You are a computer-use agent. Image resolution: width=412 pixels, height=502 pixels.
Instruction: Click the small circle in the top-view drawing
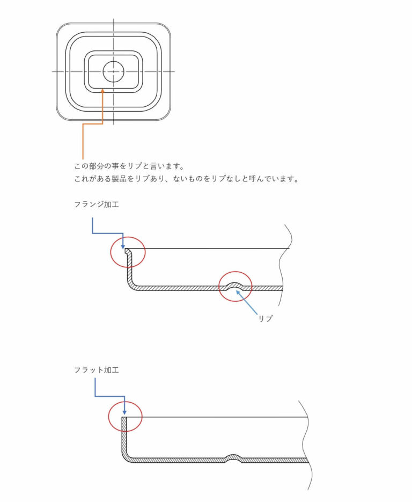point(114,71)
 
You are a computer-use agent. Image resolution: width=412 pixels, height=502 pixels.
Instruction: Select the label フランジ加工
point(96,204)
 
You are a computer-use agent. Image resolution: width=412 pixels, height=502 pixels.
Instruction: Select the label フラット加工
point(96,370)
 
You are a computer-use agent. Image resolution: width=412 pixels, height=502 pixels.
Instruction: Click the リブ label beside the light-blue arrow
point(265,318)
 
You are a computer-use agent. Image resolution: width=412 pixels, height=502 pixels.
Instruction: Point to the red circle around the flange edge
point(128,252)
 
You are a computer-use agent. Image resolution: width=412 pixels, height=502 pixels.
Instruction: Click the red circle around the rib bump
point(236,286)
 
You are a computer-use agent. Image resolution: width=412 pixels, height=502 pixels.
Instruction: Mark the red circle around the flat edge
point(125,417)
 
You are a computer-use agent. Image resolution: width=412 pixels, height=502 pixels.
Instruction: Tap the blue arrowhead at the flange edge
point(123,246)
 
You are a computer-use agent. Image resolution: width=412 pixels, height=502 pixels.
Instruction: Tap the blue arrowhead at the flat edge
point(124,412)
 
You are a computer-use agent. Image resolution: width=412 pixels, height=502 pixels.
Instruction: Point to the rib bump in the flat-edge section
point(234,458)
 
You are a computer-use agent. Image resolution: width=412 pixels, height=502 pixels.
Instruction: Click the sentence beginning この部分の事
point(129,166)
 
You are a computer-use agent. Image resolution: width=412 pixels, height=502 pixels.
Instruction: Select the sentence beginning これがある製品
point(187,179)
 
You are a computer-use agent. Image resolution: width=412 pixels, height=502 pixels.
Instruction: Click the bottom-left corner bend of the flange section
point(133,285)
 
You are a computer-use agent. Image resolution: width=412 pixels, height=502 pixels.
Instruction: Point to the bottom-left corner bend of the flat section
point(127,457)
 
